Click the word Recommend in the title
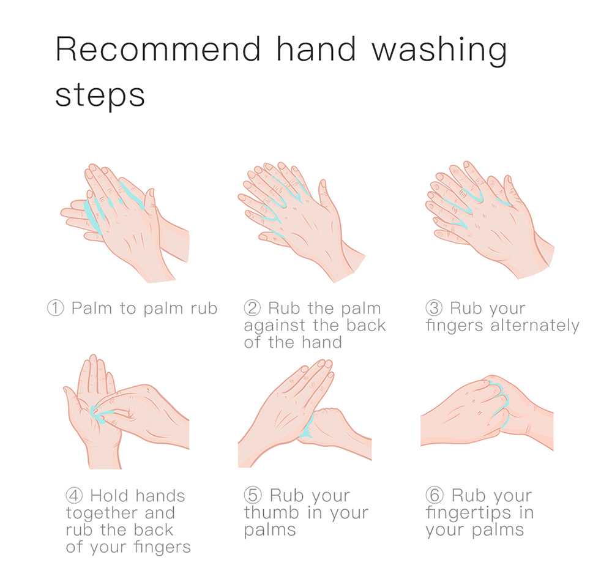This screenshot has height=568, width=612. [158, 49]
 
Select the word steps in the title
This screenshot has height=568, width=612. [100, 95]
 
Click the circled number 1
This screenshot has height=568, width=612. [56, 308]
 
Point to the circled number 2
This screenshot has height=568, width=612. [252, 308]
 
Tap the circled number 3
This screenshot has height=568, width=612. [434, 308]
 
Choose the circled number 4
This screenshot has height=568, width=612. [74, 495]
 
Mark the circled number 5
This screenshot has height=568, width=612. [253, 495]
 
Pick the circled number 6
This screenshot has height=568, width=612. [434, 495]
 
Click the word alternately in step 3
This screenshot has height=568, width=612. [535, 326]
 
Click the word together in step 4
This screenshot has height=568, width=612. [101, 514]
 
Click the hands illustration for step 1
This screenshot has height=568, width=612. [125, 223]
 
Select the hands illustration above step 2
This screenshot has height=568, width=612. [302, 222]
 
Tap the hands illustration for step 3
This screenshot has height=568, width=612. [490, 220]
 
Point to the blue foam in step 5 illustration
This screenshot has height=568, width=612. [308, 426]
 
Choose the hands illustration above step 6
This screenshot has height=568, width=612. [487, 413]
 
